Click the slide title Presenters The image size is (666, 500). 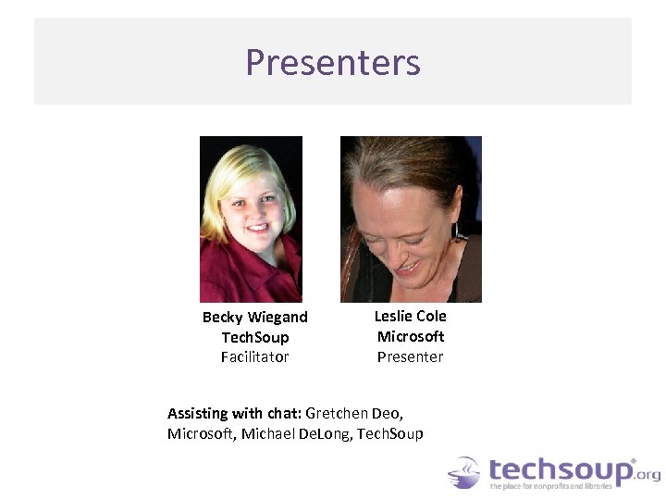click(333, 63)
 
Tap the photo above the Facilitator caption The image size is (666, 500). click(251, 219)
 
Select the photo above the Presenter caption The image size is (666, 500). click(411, 219)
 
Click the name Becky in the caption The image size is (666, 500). click(221, 318)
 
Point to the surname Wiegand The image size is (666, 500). click(276, 318)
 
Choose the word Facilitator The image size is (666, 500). click(254, 356)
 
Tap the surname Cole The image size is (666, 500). click(433, 316)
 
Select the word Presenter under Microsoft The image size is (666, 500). click(410, 356)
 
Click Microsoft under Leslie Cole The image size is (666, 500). click(411, 336)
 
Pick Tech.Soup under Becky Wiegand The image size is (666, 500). click(255, 337)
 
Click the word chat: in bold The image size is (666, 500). click(282, 413)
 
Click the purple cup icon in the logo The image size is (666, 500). click(464, 472)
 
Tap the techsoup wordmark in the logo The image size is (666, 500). click(561, 469)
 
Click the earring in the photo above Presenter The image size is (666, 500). click(455, 231)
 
